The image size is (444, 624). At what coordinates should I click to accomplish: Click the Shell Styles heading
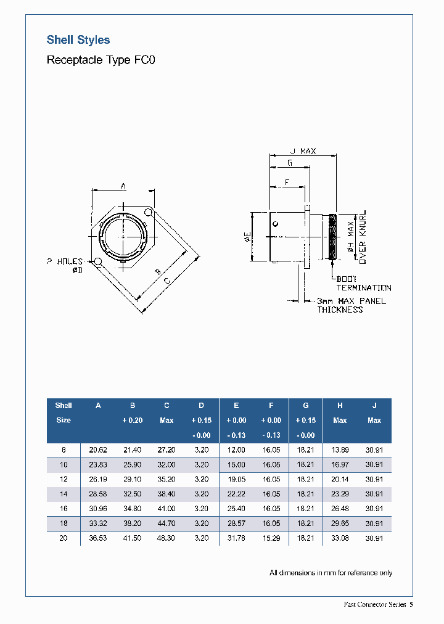[78, 40]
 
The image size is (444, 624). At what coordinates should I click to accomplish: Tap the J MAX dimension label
[303, 151]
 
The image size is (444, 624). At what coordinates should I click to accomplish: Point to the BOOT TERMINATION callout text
[363, 284]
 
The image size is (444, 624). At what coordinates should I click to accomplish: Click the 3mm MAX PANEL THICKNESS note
[350, 305]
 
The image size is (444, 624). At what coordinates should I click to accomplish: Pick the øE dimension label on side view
[247, 237]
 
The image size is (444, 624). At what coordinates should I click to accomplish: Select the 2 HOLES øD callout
[64, 265]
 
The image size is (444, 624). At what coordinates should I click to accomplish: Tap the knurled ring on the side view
[333, 237]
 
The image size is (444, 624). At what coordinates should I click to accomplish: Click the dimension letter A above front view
[123, 185]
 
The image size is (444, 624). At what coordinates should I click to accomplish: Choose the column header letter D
[201, 406]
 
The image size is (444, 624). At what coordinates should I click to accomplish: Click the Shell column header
[64, 406]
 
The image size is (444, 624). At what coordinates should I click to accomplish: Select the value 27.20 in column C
[166, 450]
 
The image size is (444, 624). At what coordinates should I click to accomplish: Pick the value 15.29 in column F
[271, 538]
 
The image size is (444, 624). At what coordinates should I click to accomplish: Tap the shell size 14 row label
[64, 494]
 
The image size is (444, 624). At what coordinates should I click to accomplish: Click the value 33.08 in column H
[340, 538]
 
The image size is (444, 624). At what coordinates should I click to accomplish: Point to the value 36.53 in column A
[98, 538]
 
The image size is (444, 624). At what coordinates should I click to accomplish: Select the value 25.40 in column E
[236, 509]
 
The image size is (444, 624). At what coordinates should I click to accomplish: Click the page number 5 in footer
[411, 604]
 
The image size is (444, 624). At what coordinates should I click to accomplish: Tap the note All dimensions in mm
[331, 573]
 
